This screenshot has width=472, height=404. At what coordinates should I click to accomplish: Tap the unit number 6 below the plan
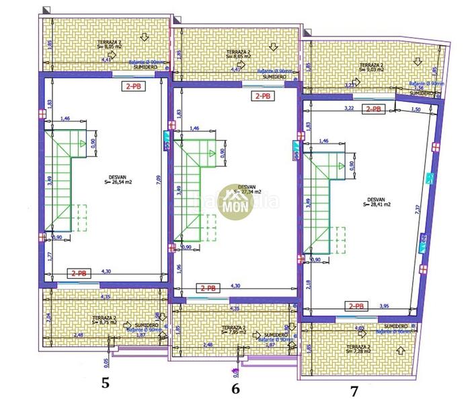coord(235,389)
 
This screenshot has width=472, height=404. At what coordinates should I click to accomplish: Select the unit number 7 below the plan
coord(354,390)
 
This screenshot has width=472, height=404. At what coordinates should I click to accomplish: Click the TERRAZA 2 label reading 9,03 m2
coord(370,66)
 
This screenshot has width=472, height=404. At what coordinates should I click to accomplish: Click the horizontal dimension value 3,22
coord(348,107)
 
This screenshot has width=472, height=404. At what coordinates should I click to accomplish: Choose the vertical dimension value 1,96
coord(178,269)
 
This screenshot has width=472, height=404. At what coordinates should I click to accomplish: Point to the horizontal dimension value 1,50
coord(415,108)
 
